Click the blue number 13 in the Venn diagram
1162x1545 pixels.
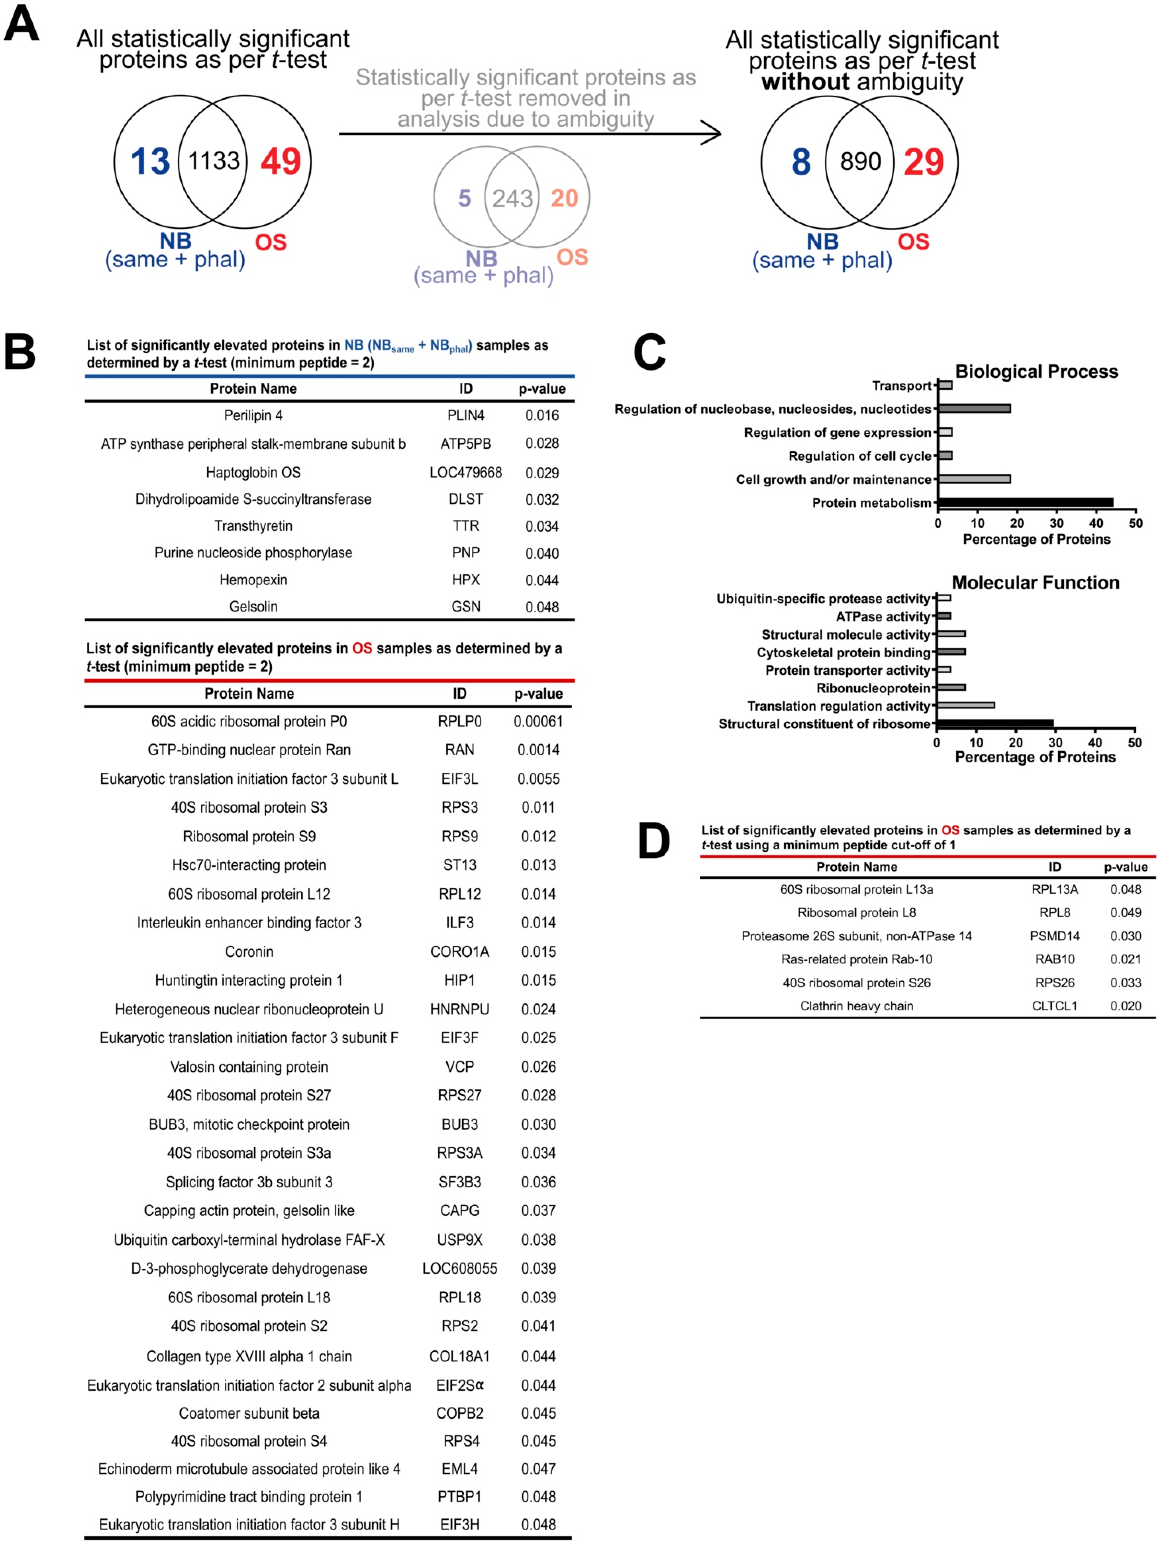coord(150,161)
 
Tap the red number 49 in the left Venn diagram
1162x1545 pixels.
coord(281,161)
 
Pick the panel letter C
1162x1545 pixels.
coord(649,353)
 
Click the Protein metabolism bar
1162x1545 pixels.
coord(1025,502)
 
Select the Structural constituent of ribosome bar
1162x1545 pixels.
coord(995,724)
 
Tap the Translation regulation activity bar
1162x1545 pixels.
coord(965,705)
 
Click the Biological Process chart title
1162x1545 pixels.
coord(1036,372)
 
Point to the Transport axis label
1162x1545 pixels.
coord(902,386)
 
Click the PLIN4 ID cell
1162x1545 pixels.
coord(466,416)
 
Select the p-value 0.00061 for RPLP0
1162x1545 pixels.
coord(538,721)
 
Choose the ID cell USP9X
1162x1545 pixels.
coord(459,1240)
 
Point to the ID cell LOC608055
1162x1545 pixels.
coord(459,1268)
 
